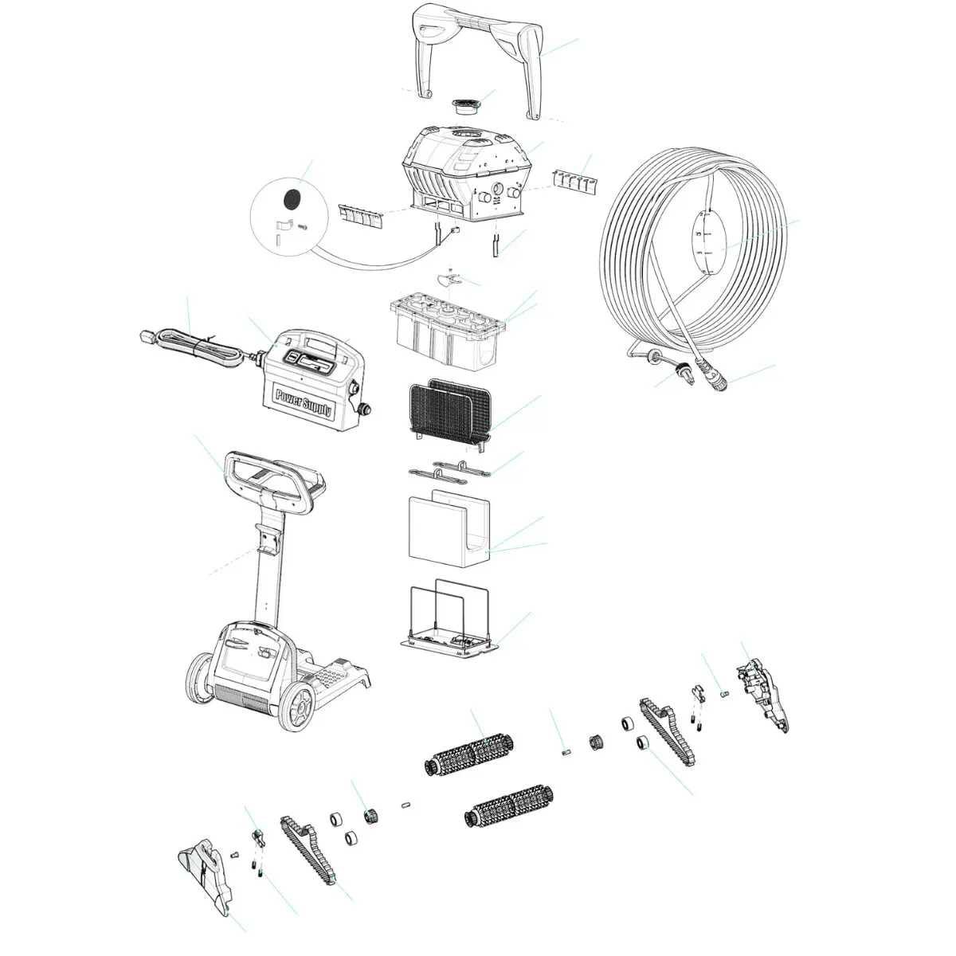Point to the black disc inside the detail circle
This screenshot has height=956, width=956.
coord(293,195)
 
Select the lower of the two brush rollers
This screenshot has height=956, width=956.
coord(510,806)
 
